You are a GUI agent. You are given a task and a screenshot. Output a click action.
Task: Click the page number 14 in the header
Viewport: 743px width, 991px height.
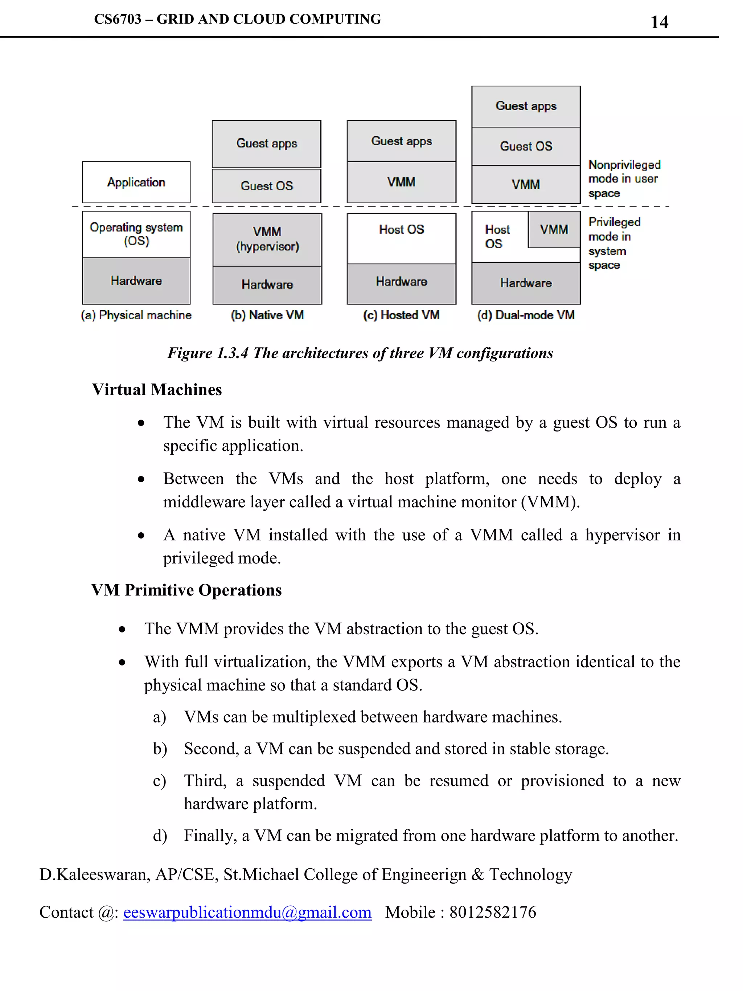tap(659, 22)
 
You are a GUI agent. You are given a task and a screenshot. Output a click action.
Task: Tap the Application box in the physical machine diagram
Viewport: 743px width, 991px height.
tap(136, 182)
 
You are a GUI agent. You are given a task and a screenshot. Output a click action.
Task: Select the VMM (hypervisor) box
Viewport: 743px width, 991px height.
tap(267, 239)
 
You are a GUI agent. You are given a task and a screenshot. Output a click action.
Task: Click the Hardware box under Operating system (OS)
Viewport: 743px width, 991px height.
tap(136, 281)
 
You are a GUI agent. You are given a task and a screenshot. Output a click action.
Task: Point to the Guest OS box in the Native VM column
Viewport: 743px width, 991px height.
tap(267, 186)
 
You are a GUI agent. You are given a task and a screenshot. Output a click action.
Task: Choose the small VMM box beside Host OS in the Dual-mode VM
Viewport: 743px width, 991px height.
tap(554, 229)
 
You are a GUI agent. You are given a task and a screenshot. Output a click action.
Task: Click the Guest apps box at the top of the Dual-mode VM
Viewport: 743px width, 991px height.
tap(526, 106)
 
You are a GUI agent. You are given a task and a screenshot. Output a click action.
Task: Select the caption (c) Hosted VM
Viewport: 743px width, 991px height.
tap(401, 315)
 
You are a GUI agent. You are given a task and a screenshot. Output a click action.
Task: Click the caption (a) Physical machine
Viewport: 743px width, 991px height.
tap(136, 315)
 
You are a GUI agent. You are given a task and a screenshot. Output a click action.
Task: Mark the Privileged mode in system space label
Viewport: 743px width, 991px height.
tap(613, 243)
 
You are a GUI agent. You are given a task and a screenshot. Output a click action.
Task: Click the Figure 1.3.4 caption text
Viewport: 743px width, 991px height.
tap(360, 353)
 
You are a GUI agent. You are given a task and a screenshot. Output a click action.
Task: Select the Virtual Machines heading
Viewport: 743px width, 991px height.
tap(157, 390)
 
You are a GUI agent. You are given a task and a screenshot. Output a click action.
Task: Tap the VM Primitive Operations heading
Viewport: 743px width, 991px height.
tap(186, 590)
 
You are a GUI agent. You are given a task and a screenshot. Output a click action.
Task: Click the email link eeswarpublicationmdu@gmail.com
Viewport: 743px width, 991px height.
tap(247, 912)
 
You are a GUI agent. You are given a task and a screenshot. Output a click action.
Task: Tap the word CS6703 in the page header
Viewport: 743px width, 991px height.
tap(117, 19)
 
